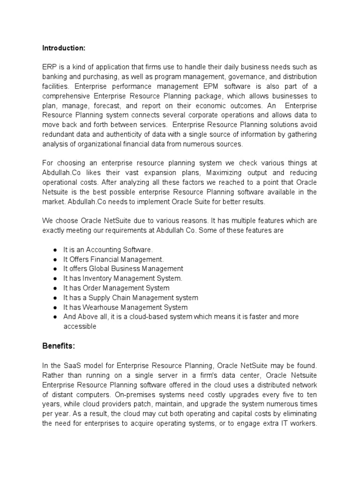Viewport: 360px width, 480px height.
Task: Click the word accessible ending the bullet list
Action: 80,327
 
